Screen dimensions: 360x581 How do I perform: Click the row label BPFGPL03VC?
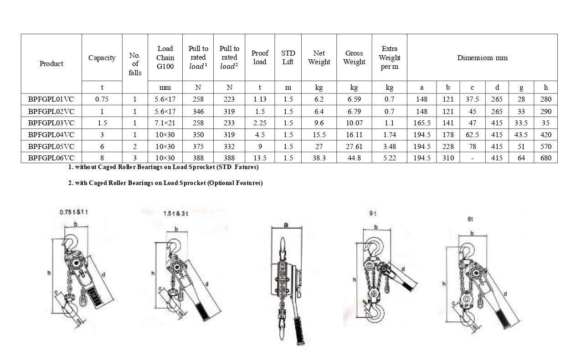click(51, 123)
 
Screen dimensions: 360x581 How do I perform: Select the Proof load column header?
click(260, 57)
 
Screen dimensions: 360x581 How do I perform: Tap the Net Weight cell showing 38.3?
click(319, 158)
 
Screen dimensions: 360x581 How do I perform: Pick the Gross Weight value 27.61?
click(354, 146)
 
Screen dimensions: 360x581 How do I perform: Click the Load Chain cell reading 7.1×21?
click(165, 123)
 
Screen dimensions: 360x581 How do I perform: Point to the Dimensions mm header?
click(482, 57)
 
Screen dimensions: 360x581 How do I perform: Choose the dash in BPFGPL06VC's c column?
click(472, 158)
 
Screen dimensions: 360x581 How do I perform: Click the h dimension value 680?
click(545, 158)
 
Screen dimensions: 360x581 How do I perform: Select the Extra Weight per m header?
click(389, 57)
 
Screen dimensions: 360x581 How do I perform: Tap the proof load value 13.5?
click(260, 158)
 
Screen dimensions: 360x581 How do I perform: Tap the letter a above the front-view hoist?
click(286, 225)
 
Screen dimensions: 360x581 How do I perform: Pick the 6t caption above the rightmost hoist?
click(470, 219)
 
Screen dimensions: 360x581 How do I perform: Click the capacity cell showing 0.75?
click(102, 99)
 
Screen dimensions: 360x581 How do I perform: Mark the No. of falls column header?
click(135, 64)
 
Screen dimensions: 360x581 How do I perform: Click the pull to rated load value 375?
click(198, 146)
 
